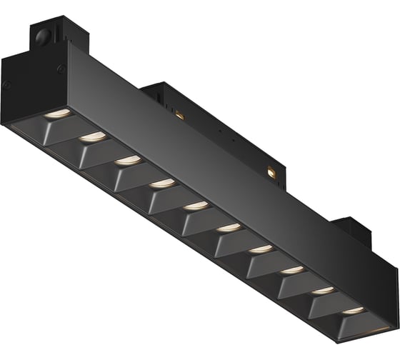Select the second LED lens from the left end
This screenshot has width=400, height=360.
click(x=90, y=136)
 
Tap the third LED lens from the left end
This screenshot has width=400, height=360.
click(x=127, y=159)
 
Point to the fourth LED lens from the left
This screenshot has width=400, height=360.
click(x=162, y=183)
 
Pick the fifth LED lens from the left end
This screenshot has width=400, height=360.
click(x=196, y=206)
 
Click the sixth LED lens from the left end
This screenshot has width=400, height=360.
click(x=229, y=228)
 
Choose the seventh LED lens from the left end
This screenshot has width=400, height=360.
click(x=261, y=249)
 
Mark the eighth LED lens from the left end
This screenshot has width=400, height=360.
click(x=291, y=270)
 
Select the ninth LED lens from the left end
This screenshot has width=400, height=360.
click(x=322, y=291)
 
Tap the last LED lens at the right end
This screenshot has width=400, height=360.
click(x=352, y=311)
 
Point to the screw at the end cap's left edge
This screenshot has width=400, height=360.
click(x=7, y=84)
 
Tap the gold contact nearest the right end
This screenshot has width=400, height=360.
click(x=272, y=171)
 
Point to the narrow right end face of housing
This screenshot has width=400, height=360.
click(x=389, y=286)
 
